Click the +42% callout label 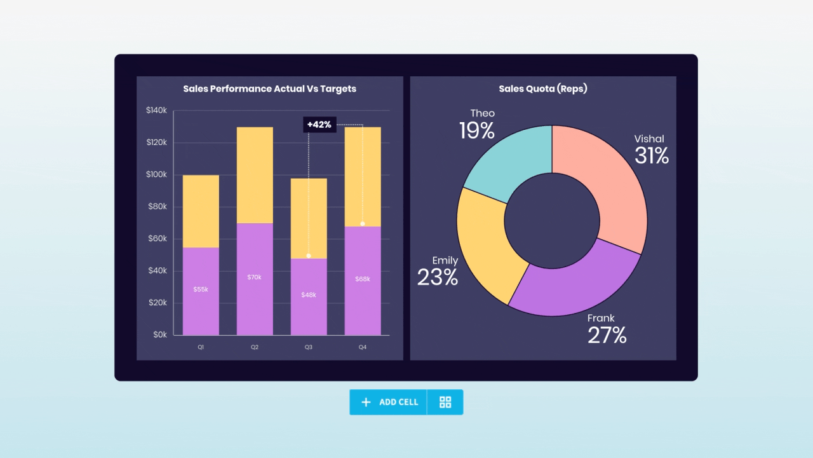click(319, 125)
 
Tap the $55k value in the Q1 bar click(201, 289)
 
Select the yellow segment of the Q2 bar click(255, 175)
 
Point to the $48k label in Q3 click(309, 295)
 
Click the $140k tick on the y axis click(156, 111)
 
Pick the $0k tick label click(158, 335)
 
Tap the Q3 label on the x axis click(309, 347)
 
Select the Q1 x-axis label click(201, 347)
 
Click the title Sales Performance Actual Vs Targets click(269, 89)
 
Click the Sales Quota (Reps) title click(543, 89)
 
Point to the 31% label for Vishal click(652, 156)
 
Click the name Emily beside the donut click(445, 261)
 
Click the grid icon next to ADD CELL click(445, 402)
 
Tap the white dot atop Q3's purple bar click(309, 256)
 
